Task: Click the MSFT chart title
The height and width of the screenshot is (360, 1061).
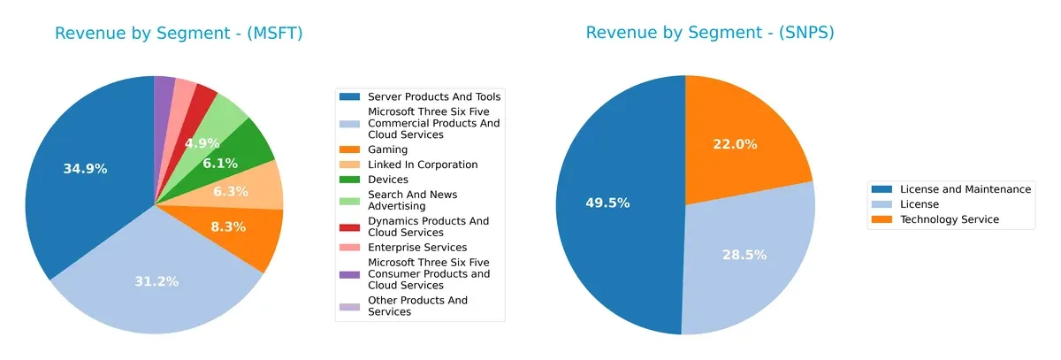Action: pos(179,34)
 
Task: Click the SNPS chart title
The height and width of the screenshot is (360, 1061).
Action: pos(709,34)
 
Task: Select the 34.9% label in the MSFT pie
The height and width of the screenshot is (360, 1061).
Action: pos(85,168)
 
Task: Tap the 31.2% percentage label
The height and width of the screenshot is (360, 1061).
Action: pos(156,281)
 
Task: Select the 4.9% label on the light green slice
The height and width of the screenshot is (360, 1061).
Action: pos(202,143)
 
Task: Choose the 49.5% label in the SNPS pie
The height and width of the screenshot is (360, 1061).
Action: pos(607,203)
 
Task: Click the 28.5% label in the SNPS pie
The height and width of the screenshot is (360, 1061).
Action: pos(744,255)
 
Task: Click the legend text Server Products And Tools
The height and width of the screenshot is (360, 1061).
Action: pos(434,96)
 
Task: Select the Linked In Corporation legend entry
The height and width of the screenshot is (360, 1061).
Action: pos(423,165)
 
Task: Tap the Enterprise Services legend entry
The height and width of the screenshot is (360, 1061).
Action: pos(417,247)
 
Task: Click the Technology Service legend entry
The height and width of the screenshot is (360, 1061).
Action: pos(949,219)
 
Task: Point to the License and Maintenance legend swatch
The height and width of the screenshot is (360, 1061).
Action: pos(882,189)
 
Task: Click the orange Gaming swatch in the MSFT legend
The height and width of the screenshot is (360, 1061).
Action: pos(351,150)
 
